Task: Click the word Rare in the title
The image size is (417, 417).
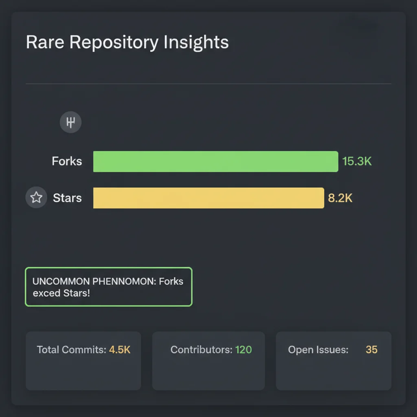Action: (45, 42)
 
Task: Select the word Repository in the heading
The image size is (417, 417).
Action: (113, 43)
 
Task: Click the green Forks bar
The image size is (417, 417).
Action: (215, 161)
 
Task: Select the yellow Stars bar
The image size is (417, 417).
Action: (208, 198)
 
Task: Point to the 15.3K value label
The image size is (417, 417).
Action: (357, 161)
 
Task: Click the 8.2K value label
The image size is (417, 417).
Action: (340, 198)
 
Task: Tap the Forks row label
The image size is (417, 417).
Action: (67, 161)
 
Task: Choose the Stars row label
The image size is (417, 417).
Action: (67, 198)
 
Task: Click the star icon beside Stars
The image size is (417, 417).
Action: (36, 198)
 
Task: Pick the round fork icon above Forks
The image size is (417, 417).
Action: (70, 122)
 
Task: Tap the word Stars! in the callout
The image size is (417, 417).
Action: (77, 293)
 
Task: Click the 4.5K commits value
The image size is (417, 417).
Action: (120, 350)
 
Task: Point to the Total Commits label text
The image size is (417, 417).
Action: (72, 350)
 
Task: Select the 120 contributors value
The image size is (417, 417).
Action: (244, 350)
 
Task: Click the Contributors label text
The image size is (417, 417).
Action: (201, 350)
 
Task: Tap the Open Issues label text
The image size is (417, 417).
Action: (318, 350)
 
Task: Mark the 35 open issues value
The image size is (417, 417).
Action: (371, 350)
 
